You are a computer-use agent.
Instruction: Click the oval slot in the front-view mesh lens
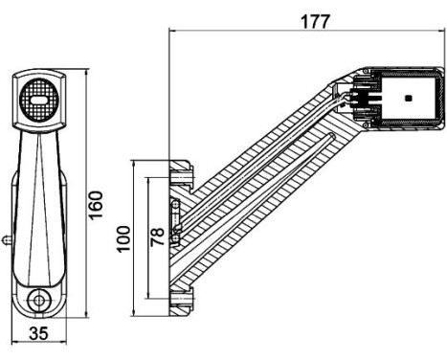(x=39, y=99)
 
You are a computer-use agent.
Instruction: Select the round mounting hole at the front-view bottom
(x=38, y=300)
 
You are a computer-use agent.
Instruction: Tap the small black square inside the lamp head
(x=408, y=98)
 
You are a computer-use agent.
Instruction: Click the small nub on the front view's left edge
(x=8, y=238)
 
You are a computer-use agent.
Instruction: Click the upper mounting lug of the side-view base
(x=179, y=174)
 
